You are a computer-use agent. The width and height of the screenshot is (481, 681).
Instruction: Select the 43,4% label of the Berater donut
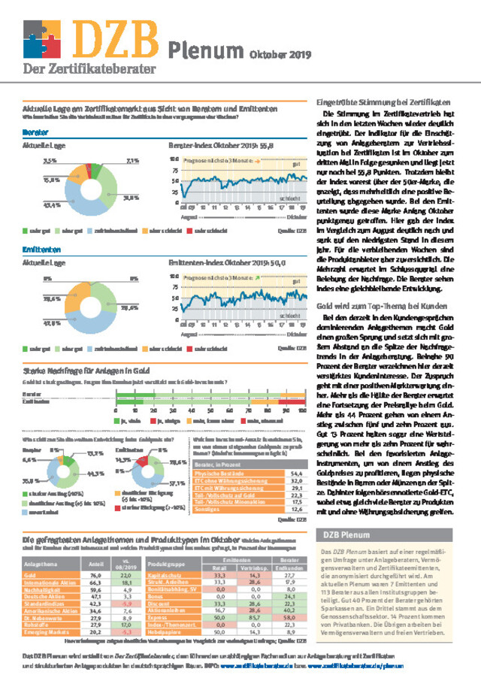51,204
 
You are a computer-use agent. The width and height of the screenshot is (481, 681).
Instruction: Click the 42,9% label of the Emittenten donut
53,324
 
